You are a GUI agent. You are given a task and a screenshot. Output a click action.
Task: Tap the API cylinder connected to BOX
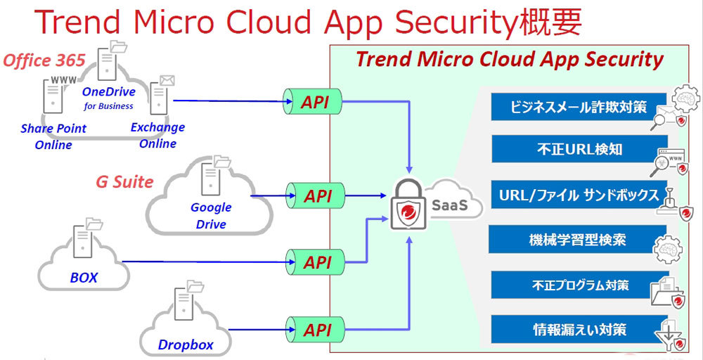coord(314,262)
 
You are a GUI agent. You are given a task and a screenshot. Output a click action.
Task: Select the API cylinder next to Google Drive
coord(314,196)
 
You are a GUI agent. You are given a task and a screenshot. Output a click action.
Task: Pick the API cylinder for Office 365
coord(312,103)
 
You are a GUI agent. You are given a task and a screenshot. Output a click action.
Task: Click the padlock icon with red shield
coord(407,206)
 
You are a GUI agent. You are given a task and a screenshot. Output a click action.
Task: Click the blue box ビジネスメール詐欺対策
coord(579,107)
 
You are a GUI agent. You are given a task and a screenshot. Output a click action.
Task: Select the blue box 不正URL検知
coord(579,149)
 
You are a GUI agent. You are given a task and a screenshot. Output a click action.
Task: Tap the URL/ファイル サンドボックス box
coord(579,195)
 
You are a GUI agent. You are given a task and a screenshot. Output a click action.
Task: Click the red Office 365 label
coord(44,60)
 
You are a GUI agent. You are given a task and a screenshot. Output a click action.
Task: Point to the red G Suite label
coord(124,182)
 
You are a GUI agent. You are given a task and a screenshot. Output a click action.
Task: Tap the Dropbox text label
coord(185,346)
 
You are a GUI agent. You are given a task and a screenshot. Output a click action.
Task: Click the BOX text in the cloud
coord(84,278)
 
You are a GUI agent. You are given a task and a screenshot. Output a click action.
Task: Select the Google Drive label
coord(211,216)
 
